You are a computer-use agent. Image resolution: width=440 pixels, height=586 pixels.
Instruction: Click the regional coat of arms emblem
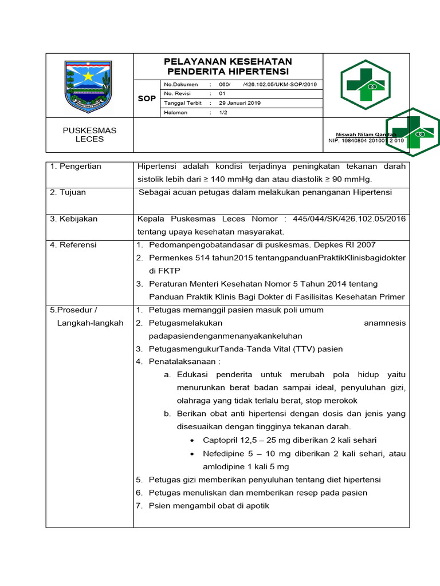click(89, 86)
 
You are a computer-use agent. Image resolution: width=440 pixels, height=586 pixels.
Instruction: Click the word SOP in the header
click(147, 98)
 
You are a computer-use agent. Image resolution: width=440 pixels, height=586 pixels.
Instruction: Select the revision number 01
click(222, 93)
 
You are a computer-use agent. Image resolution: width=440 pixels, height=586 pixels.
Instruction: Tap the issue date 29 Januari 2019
click(240, 103)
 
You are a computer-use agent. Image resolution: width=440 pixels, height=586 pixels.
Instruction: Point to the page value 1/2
click(223, 113)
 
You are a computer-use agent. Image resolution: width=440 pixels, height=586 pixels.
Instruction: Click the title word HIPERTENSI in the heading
click(258, 72)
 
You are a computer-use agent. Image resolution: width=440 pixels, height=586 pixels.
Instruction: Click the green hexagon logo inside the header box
click(365, 85)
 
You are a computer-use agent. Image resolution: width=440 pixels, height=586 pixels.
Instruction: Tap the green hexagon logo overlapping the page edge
click(412, 132)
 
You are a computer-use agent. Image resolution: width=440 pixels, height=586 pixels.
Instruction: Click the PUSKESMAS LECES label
click(89, 134)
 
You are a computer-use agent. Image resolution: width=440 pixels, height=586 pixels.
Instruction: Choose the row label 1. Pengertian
click(76, 167)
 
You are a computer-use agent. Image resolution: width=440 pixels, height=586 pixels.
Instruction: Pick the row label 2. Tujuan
click(68, 192)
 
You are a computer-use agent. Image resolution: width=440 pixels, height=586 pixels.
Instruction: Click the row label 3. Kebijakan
click(74, 219)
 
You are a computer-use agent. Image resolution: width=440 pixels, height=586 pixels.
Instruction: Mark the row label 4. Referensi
click(74, 245)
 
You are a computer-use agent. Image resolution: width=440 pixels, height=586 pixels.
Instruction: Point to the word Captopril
click(221, 440)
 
